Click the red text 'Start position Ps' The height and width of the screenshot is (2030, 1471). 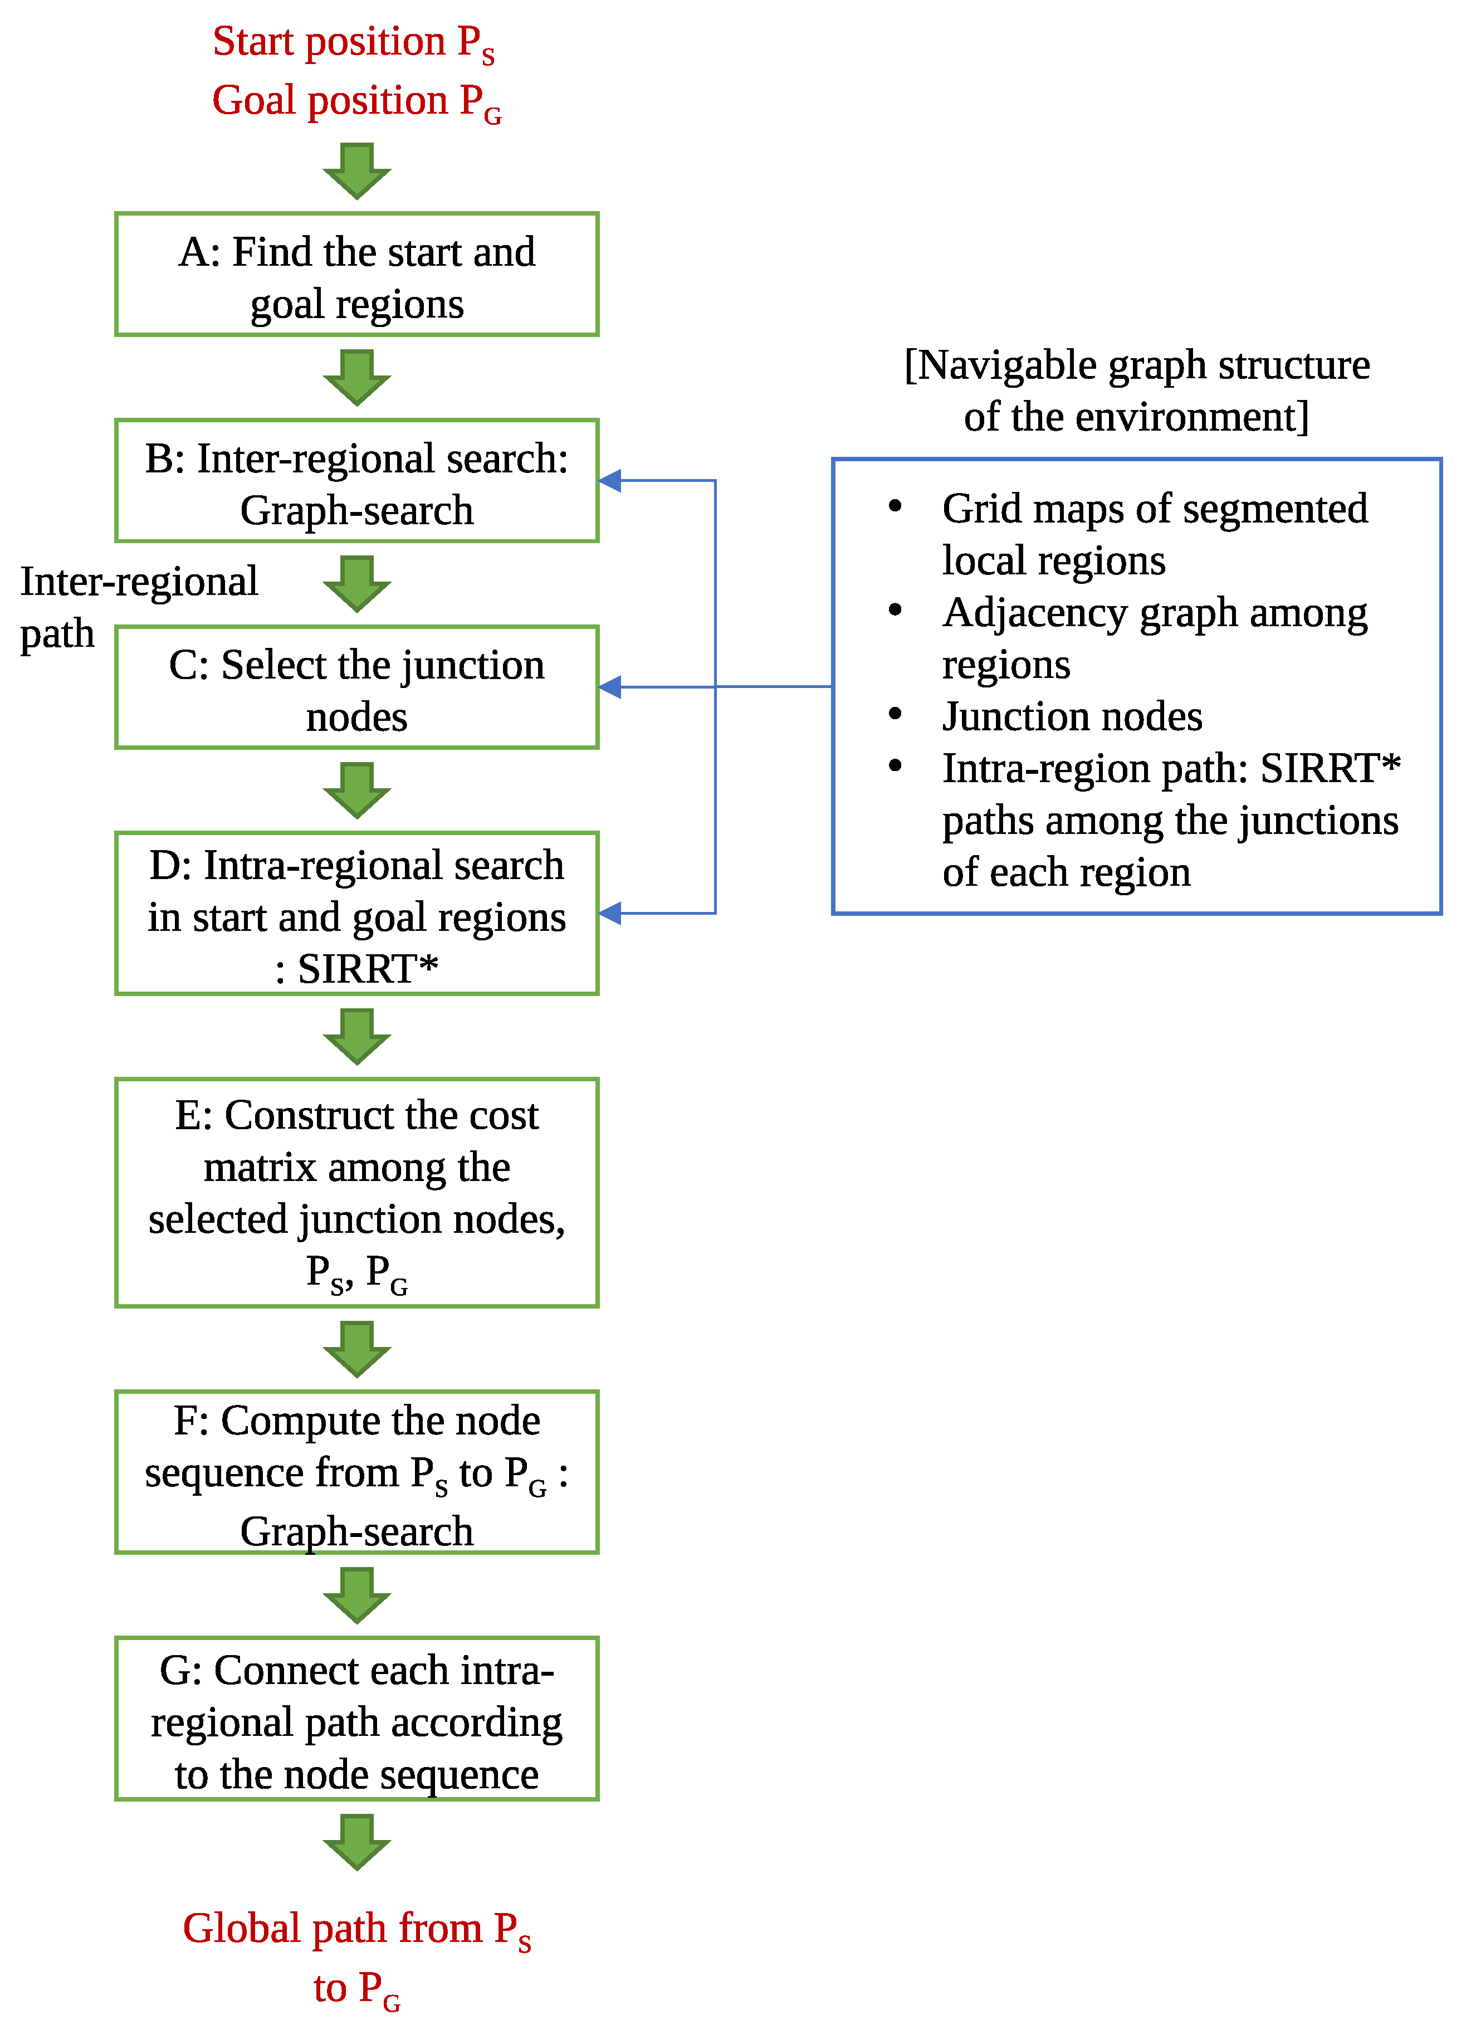[x=354, y=43]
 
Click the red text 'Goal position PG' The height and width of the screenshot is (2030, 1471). [x=356, y=102]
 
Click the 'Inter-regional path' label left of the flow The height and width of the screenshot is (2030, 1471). [x=139, y=607]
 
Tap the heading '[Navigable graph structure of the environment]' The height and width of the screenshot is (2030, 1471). [x=1136, y=391]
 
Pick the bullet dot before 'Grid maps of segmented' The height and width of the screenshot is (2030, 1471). [x=894, y=506]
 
